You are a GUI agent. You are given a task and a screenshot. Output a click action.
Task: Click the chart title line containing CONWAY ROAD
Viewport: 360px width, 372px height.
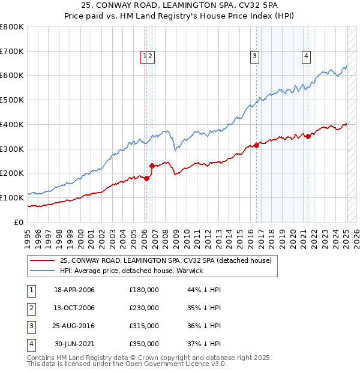(x=180, y=5)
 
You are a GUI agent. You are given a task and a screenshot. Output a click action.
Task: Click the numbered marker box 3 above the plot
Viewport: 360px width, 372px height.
(x=255, y=57)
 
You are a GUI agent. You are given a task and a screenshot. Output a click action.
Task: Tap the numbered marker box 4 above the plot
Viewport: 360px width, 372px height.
(x=306, y=57)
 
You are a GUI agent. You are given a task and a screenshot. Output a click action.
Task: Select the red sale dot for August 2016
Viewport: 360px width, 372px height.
(x=256, y=145)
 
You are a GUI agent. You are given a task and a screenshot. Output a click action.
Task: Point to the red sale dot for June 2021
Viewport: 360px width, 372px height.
(x=308, y=136)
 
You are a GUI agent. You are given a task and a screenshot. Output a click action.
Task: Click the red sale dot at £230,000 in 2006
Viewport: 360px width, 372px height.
(x=152, y=166)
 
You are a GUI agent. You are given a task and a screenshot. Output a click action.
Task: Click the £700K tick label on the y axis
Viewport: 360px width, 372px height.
(x=12, y=52)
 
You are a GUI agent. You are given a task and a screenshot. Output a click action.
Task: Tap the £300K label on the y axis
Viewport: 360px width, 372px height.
(x=12, y=149)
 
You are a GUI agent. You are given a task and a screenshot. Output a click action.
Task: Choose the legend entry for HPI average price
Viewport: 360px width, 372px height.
(x=131, y=271)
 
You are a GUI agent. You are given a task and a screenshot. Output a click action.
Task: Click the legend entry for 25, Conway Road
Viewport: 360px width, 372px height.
(x=166, y=260)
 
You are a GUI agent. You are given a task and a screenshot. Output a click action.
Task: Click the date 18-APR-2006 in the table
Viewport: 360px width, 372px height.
(x=74, y=290)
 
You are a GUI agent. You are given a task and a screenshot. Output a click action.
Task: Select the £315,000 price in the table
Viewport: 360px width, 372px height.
(x=144, y=326)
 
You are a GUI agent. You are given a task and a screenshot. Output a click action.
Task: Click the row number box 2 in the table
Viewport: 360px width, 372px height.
(x=31, y=308)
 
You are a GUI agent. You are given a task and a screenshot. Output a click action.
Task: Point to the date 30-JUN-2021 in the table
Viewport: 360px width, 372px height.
(x=74, y=344)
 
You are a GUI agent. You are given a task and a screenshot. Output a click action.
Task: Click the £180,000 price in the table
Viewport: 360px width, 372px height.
(x=144, y=290)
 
